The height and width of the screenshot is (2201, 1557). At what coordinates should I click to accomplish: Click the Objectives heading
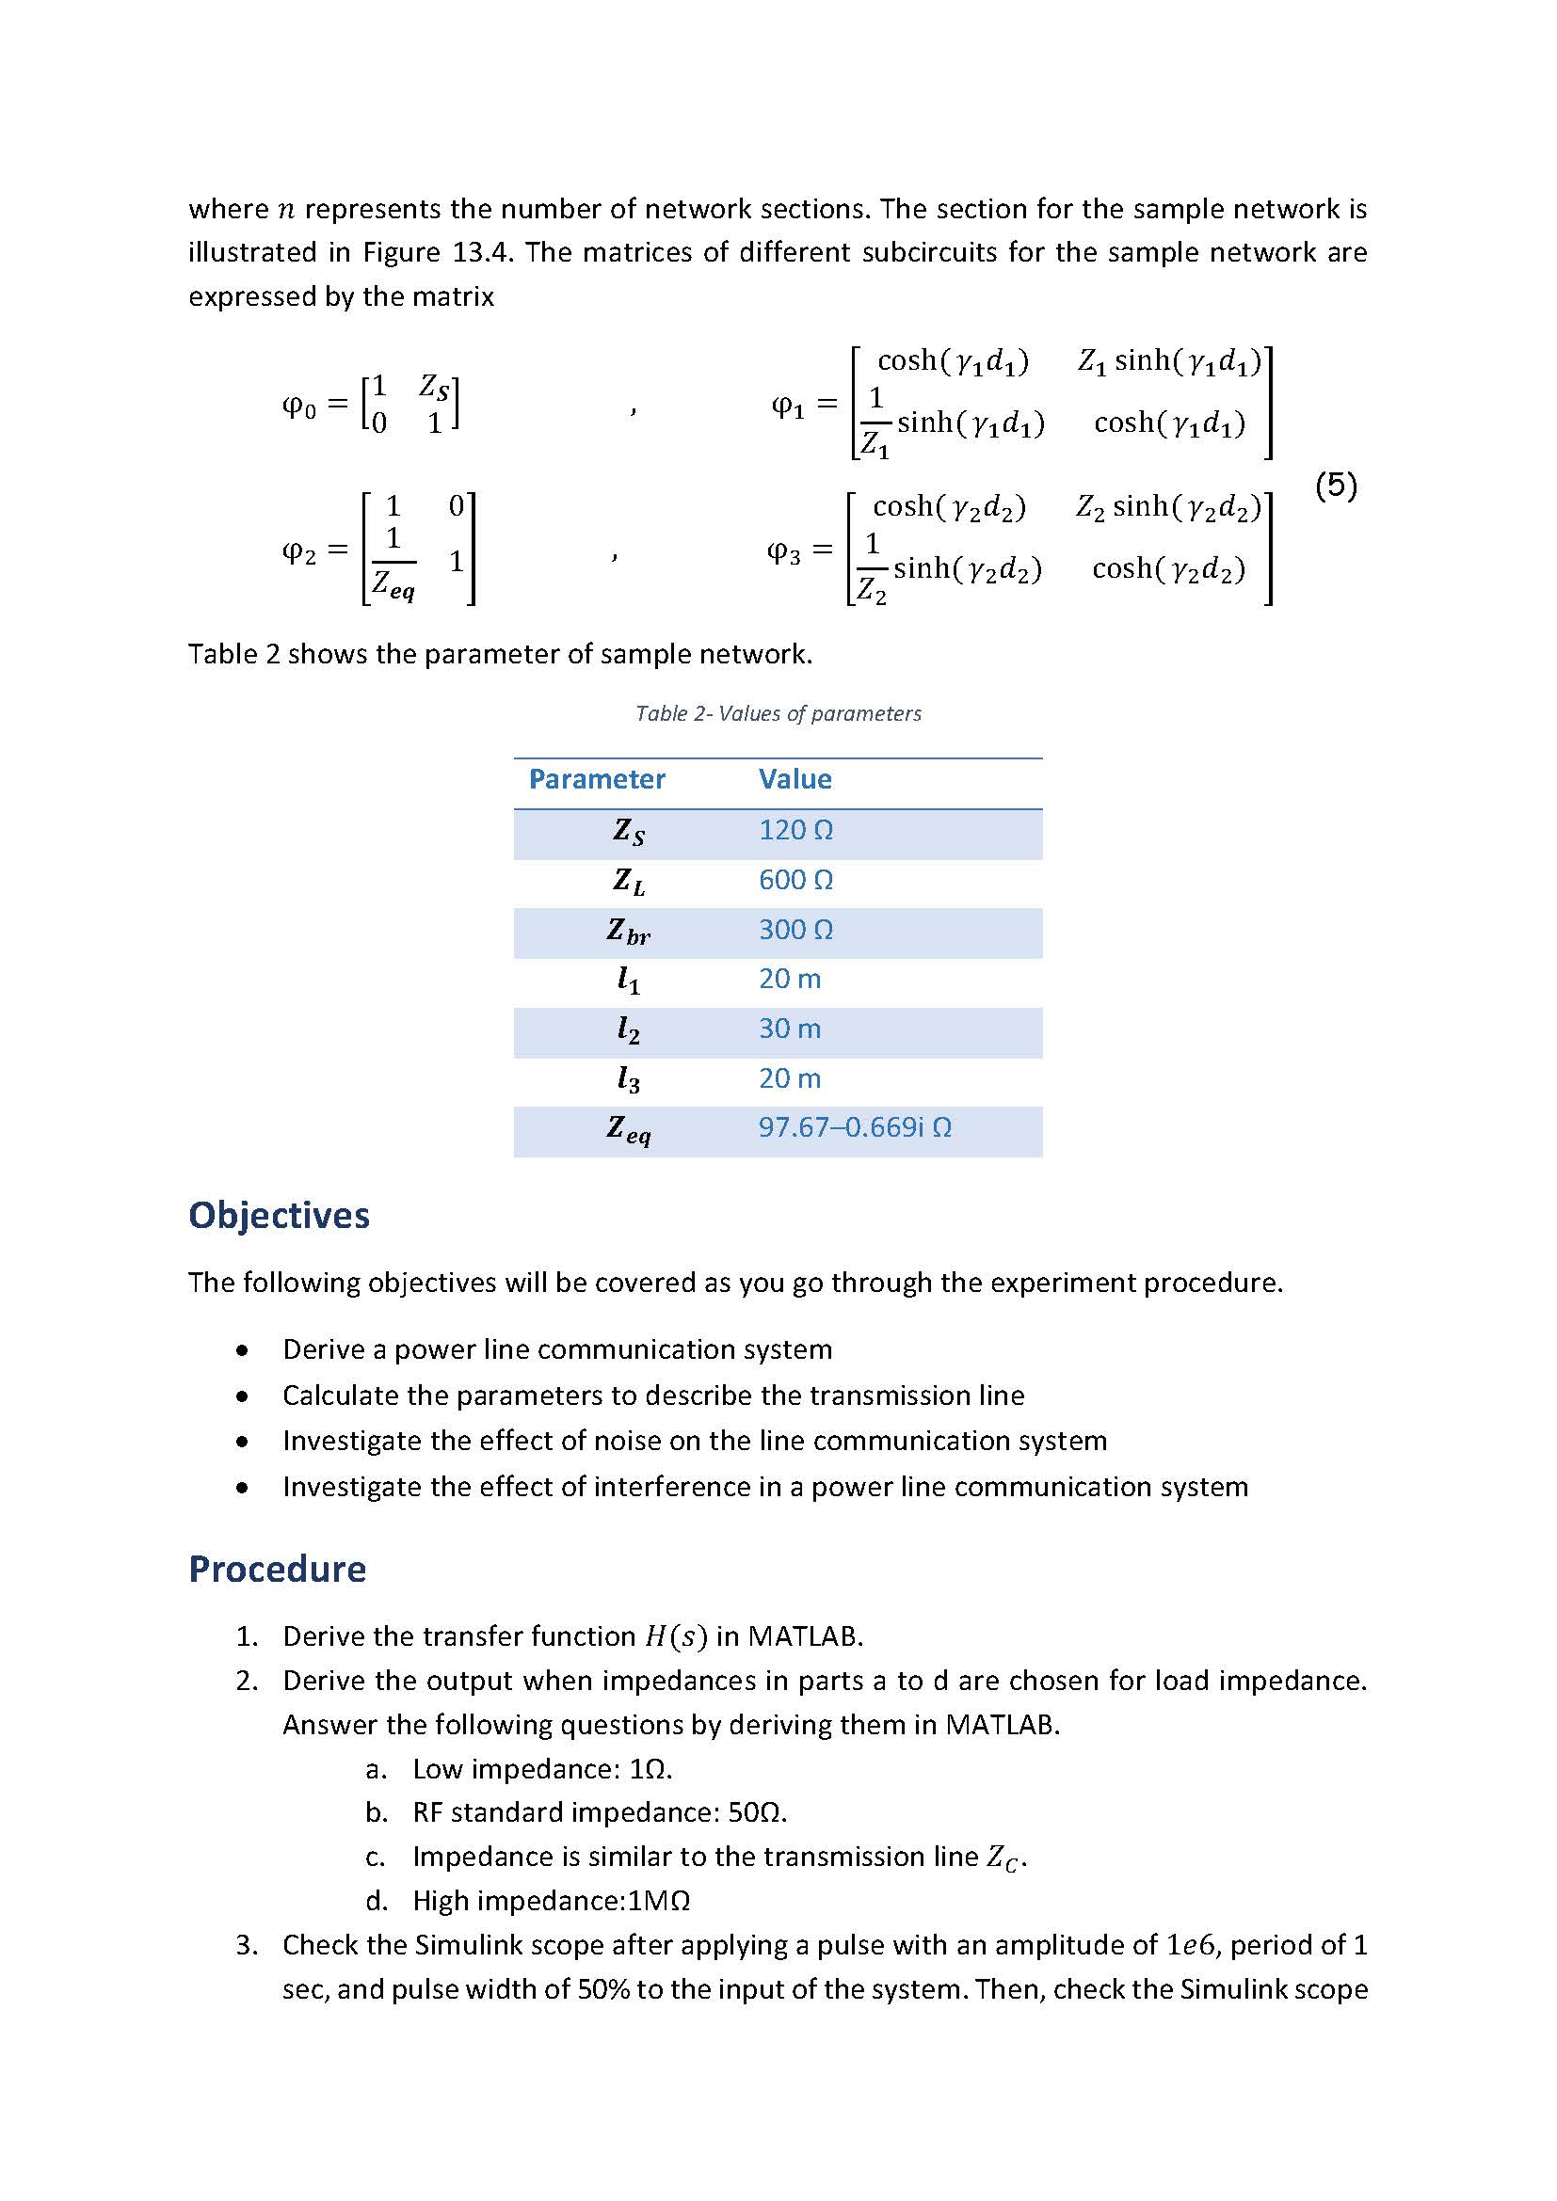[278, 1216]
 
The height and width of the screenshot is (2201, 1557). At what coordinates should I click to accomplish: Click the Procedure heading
[276, 1570]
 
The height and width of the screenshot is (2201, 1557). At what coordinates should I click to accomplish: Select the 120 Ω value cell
[795, 830]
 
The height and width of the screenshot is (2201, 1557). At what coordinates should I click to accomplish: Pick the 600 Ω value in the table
[795, 880]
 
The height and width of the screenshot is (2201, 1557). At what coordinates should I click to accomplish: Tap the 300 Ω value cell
[795, 930]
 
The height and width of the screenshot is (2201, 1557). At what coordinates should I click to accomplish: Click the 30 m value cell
[789, 1029]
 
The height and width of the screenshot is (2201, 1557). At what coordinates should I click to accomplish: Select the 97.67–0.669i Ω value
[854, 1127]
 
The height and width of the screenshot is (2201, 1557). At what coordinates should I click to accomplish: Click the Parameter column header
[596, 779]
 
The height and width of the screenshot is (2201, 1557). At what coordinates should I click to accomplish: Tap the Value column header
[794, 779]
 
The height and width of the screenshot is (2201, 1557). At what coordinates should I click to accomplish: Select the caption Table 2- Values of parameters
[778, 713]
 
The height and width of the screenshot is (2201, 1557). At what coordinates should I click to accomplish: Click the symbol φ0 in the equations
[298, 407]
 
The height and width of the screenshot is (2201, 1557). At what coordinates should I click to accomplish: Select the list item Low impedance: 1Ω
[541, 1770]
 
